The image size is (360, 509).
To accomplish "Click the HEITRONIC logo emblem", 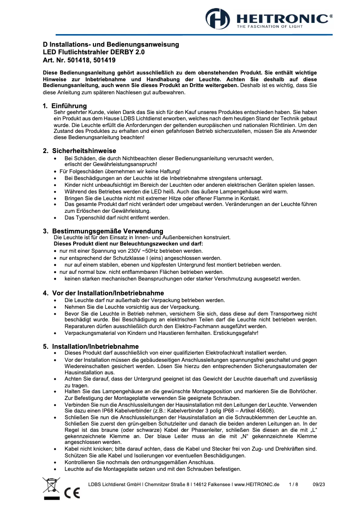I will (x=218, y=19).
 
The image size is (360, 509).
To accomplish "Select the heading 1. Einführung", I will (x=65, y=105).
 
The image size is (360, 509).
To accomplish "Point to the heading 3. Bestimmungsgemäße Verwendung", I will (x=103, y=231).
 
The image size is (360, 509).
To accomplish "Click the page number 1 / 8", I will (x=294, y=484).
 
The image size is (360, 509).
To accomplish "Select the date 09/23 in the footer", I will (x=319, y=484).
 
